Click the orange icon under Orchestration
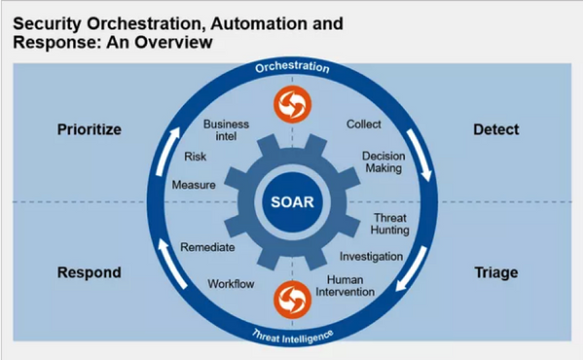[292, 102]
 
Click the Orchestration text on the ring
[293, 69]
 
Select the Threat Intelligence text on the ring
[293, 334]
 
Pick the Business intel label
[226, 130]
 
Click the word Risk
[195, 157]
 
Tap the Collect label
[363, 125]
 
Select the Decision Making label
[383, 162]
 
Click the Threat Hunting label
[390, 223]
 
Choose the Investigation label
[371, 256]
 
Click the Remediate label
[206, 247]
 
